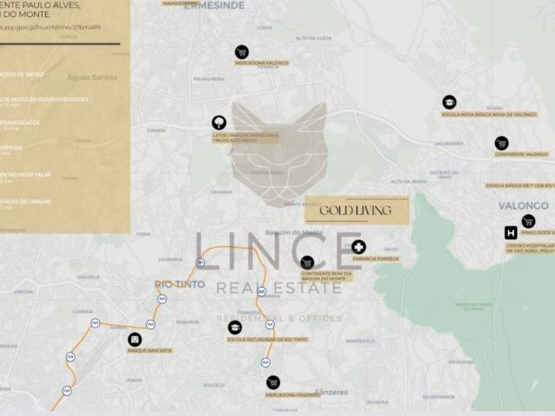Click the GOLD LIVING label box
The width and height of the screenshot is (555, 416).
[x=356, y=211]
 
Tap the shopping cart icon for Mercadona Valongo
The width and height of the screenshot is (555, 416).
[x=242, y=52]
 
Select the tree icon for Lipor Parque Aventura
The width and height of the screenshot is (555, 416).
[x=219, y=123]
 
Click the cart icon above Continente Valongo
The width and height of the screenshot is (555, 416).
[x=501, y=143]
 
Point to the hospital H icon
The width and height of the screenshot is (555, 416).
[x=511, y=232]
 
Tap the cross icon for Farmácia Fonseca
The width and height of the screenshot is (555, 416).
[x=358, y=248]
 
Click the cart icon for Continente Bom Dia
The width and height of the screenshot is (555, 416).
[x=307, y=263]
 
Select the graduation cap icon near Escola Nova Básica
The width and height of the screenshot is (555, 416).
[x=449, y=102]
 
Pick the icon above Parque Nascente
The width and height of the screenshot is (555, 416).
[x=134, y=340]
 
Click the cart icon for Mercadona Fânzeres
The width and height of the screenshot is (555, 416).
[x=273, y=382]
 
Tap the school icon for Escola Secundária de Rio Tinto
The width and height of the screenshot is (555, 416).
[x=235, y=328]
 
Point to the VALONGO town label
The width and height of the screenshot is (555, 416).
[x=524, y=205]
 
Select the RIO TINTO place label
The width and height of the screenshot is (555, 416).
[x=180, y=284]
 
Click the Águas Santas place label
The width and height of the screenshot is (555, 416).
[x=93, y=77]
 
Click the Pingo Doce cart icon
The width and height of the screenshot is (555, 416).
[x=528, y=221]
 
